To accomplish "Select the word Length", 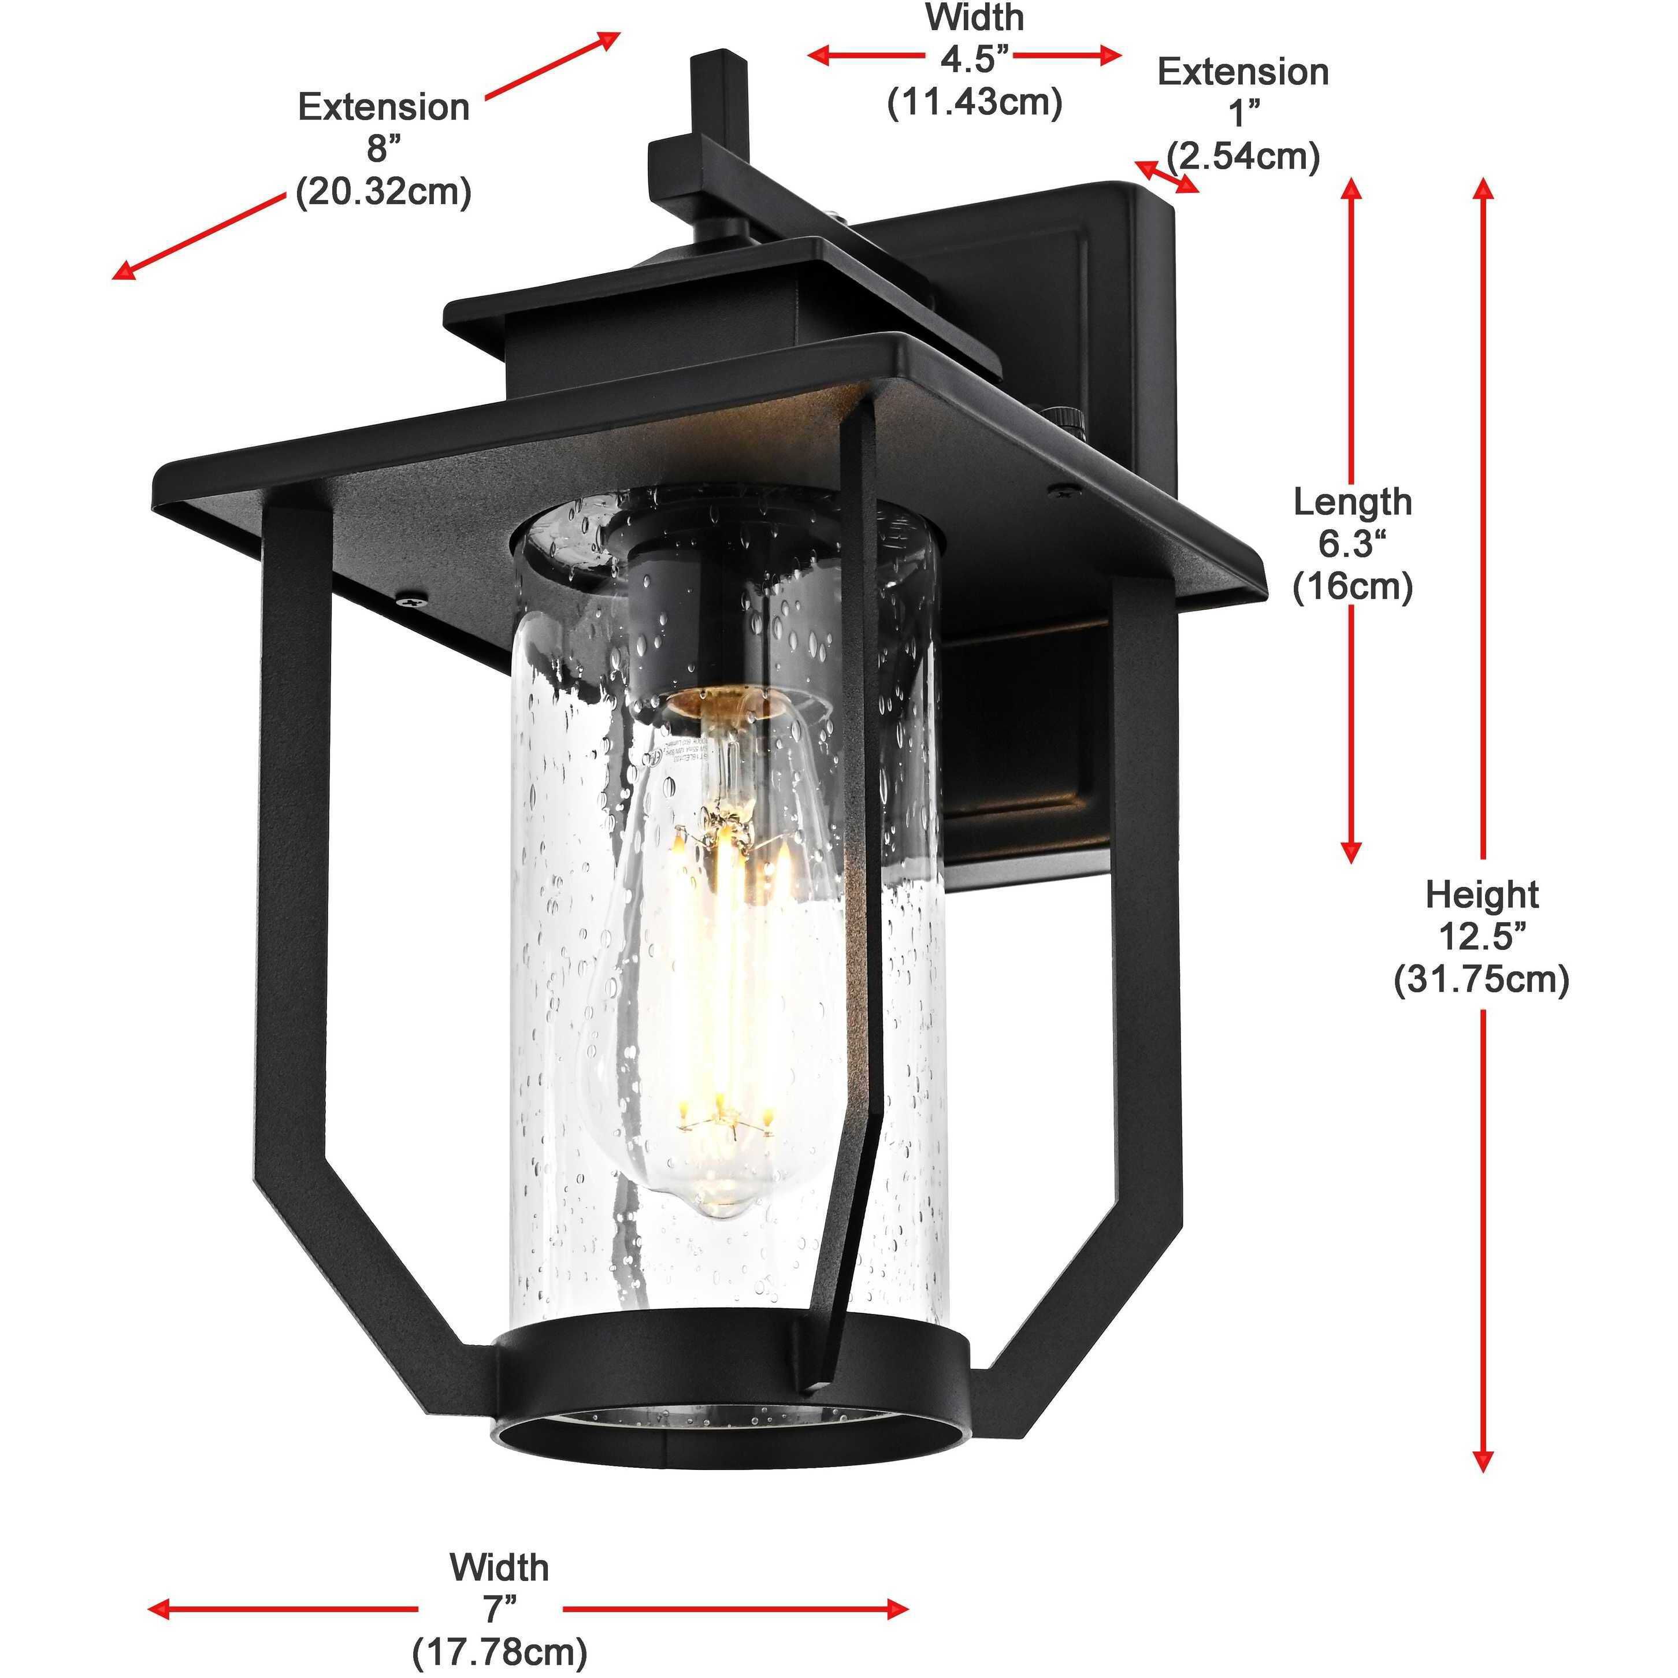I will (x=1352, y=502).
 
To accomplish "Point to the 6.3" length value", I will (x=1352, y=544).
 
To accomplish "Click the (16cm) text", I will (x=1352, y=587).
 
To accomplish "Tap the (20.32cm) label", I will (x=383, y=191).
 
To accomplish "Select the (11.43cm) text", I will (x=974, y=102).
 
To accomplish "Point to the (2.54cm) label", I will (x=1243, y=157).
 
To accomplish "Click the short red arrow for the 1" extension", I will (x=1167, y=176).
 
